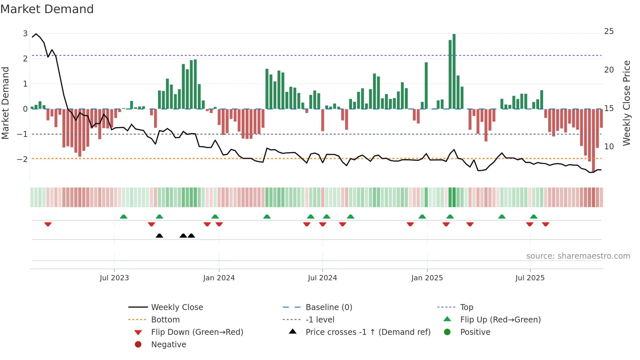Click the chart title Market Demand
pyautogui.click(x=47, y=9)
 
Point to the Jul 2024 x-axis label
pyautogui.click(x=322, y=278)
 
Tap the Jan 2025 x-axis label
pyautogui.click(x=427, y=278)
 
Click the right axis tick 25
pyautogui.click(x=609, y=31)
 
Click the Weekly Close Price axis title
pyautogui.click(x=626, y=103)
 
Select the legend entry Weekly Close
pyautogui.click(x=177, y=307)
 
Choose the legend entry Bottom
pyautogui.click(x=165, y=320)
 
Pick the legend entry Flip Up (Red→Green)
pyautogui.click(x=500, y=320)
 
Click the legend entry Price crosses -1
pyautogui.click(x=368, y=332)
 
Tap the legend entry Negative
pyautogui.click(x=168, y=345)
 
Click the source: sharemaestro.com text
pyautogui.click(x=578, y=256)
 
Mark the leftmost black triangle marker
pyautogui.click(x=159, y=236)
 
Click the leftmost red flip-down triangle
pyautogui.click(x=48, y=224)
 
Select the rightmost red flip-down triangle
pyautogui.click(x=546, y=224)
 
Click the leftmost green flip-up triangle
pyautogui.click(x=123, y=217)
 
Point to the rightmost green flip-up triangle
pyautogui.click(x=534, y=217)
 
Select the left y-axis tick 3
pyautogui.click(x=25, y=34)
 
